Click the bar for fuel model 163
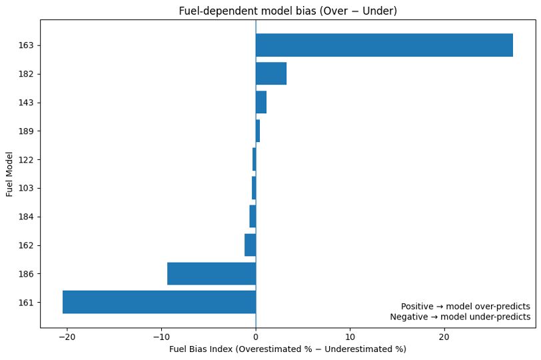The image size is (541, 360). coord(384,45)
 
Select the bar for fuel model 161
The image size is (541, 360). coord(159,302)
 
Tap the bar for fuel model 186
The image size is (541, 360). coord(211,273)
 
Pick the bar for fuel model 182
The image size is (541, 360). coord(270,73)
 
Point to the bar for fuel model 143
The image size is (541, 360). coord(261,102)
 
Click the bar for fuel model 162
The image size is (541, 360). coord(251,245)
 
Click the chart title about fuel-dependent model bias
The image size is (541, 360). coord(288,11)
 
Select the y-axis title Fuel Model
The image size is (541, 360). coord(10,174)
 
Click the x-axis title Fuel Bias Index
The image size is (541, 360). coord(288,349)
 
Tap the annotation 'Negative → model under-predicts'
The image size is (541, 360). coord(460,317)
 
